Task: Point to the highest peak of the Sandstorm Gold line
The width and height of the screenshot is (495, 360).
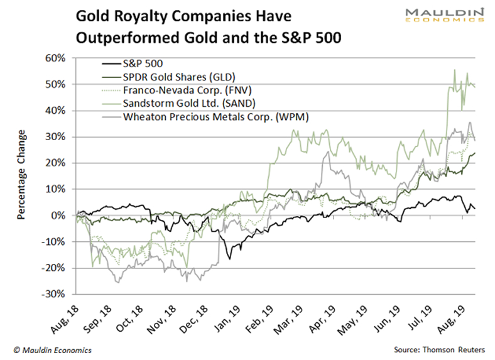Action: pos(454,70)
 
